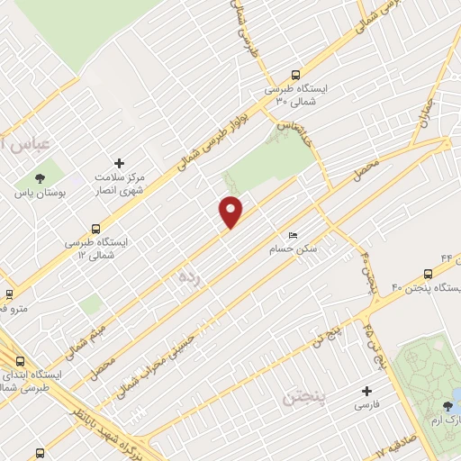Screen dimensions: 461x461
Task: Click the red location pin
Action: point(231,212)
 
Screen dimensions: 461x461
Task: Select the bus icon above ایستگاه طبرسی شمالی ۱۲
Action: point(95,229)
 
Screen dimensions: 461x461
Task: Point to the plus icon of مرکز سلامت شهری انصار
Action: point(119,163)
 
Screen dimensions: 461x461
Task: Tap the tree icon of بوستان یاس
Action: point(39,176)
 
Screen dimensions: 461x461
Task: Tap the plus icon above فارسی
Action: point(366,392)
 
